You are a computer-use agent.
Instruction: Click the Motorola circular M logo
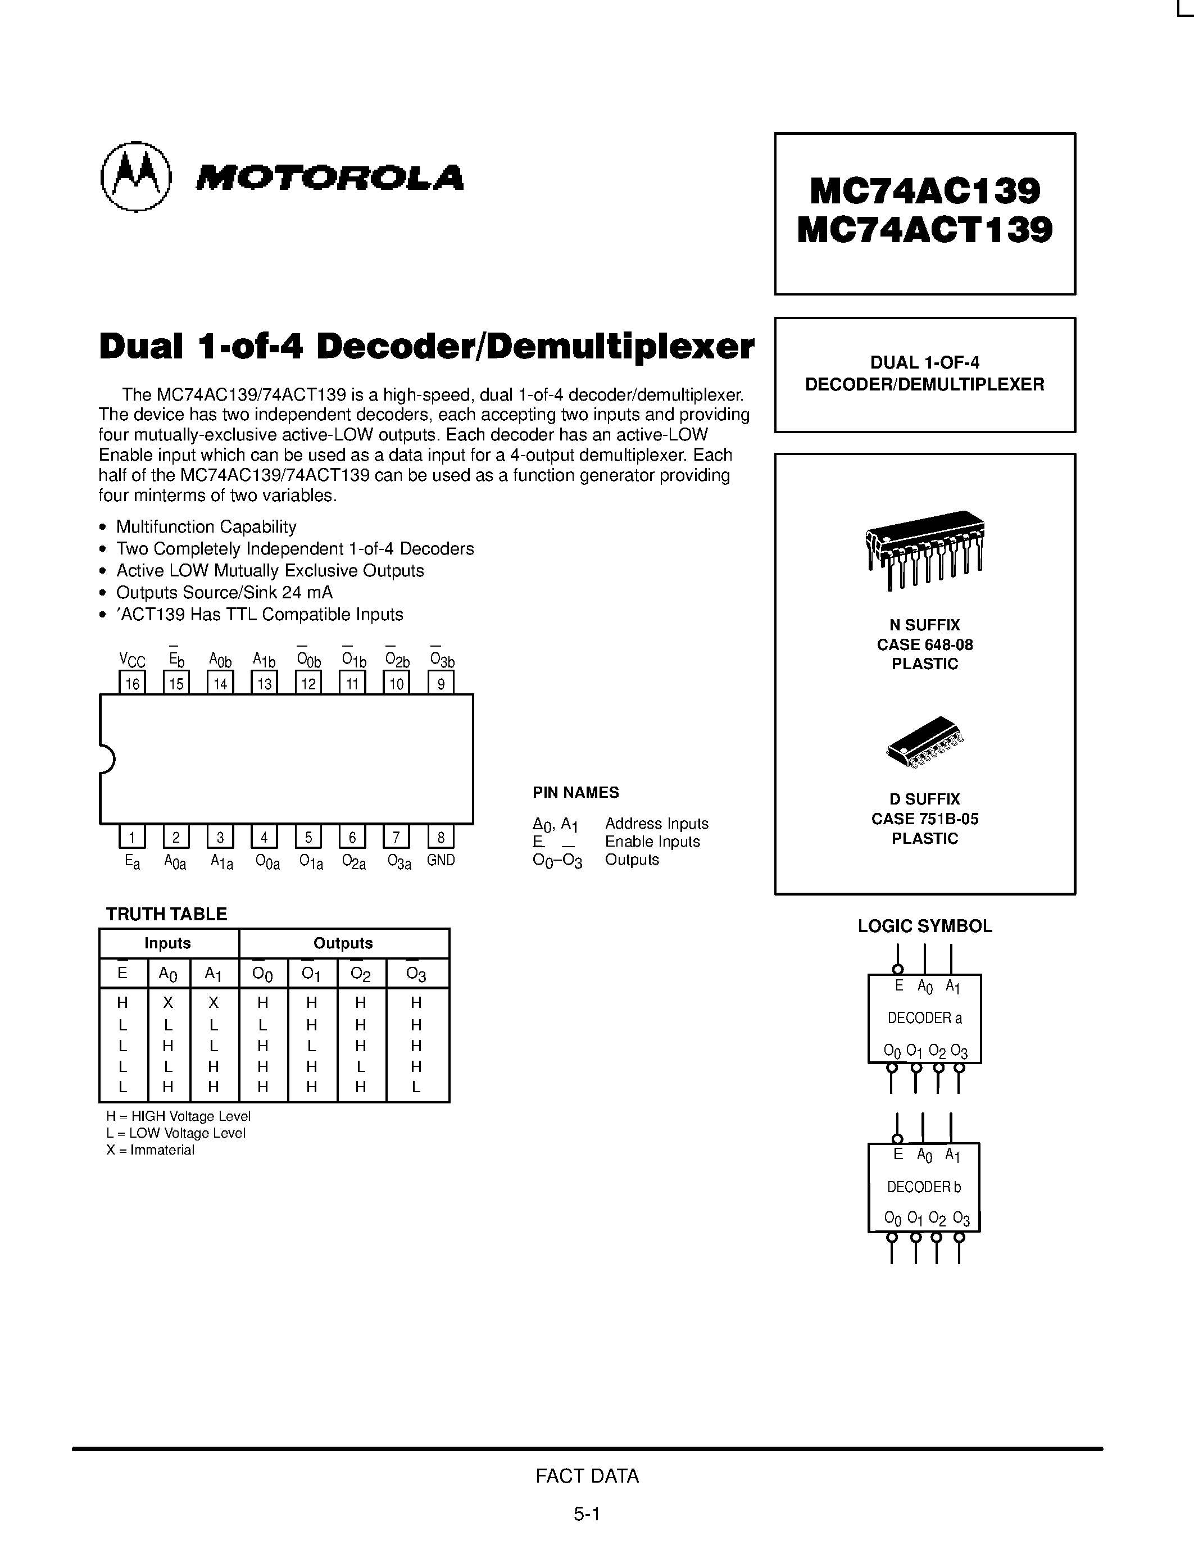136,176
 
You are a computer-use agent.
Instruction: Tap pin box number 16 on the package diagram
132,683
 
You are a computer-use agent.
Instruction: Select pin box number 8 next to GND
441,838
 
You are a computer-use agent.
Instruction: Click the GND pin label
441,860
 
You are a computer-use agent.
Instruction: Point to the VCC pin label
132,661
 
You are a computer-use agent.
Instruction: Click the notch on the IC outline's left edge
106,759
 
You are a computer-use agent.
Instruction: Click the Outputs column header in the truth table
343,943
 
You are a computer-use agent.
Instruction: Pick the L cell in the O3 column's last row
416,1087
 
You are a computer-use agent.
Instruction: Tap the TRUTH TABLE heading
166,914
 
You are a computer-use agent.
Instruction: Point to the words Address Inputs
656,824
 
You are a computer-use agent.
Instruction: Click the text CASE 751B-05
924,819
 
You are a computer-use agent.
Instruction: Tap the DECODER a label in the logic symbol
924,1018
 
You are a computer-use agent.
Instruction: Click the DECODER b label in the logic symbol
924,1187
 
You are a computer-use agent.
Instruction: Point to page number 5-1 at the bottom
587,1514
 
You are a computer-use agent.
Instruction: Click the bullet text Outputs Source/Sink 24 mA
224,592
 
